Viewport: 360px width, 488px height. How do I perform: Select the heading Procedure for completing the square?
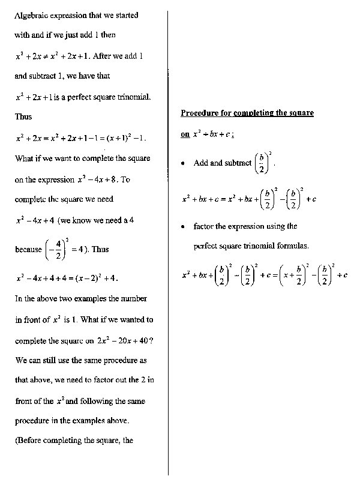[x=247, y=113]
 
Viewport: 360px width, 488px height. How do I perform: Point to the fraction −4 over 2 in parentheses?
[x=52, y=249]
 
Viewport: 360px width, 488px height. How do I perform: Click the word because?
[x=28, y=250]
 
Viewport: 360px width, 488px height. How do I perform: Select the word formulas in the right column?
[x=292, y=246]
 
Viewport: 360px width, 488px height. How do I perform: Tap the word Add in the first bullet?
[x=200, y=163]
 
